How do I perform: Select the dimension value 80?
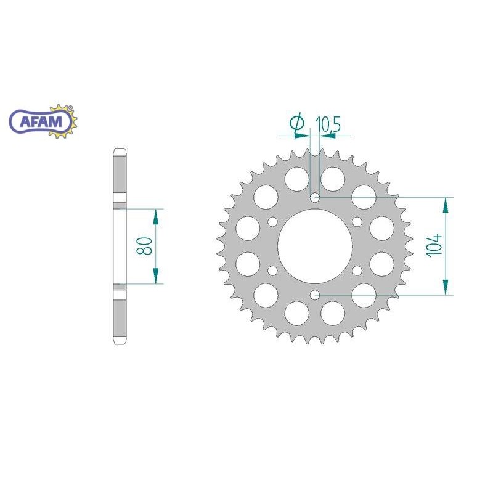(x=145, y=246)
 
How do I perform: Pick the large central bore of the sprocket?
(x=315, y=246)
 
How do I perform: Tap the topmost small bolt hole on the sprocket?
(x=315, y=197)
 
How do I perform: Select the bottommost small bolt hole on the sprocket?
(x=315, y=295)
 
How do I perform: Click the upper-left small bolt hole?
(x=273, y=222)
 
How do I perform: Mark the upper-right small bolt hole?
(x=357, y=222)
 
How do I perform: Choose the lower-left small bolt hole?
(x=273, y=270)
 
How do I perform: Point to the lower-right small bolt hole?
(x=357, y=270)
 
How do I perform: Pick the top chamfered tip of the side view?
(x=120, y=152)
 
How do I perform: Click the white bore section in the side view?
(x=120, y=246)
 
